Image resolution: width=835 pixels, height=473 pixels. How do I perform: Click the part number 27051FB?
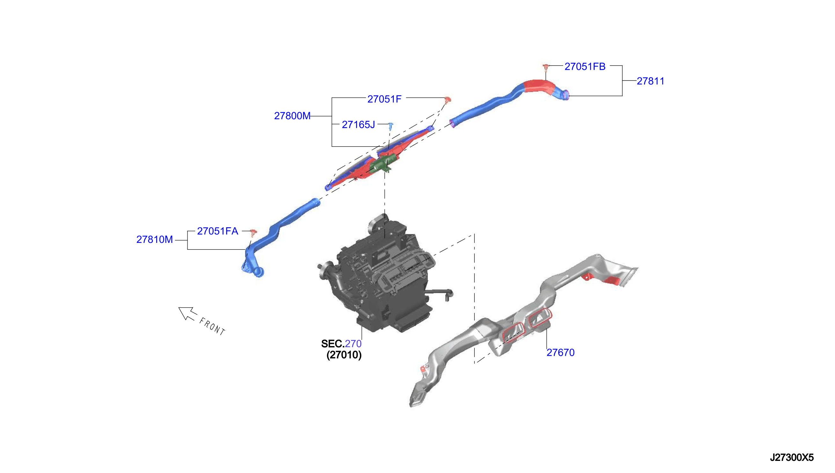(585, 67)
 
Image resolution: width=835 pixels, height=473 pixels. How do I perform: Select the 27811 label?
(650, 81)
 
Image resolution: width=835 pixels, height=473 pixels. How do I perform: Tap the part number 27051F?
(385, 99)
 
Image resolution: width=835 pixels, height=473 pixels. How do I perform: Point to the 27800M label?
(292, 116)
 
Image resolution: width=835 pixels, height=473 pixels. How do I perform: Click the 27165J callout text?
(358, 125)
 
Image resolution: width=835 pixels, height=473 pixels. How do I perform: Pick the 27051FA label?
(218, 231)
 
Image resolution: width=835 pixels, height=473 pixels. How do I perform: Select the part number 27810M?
(155, 240)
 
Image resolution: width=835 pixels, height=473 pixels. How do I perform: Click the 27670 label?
(560, 353)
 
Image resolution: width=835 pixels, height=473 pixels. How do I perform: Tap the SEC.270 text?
(341, 344)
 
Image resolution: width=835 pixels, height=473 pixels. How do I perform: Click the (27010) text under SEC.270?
(344, 355)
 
